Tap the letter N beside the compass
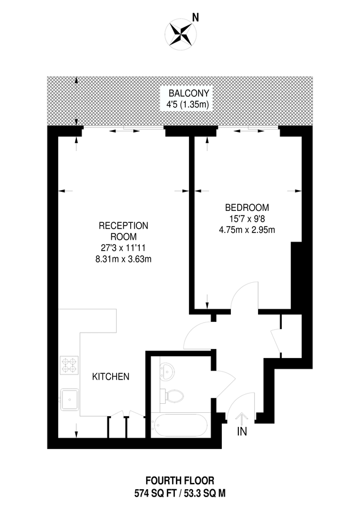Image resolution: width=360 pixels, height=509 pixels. [196, 18]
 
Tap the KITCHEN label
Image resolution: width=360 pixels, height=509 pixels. [112, 376]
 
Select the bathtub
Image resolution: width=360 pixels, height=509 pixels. [180, 425]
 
